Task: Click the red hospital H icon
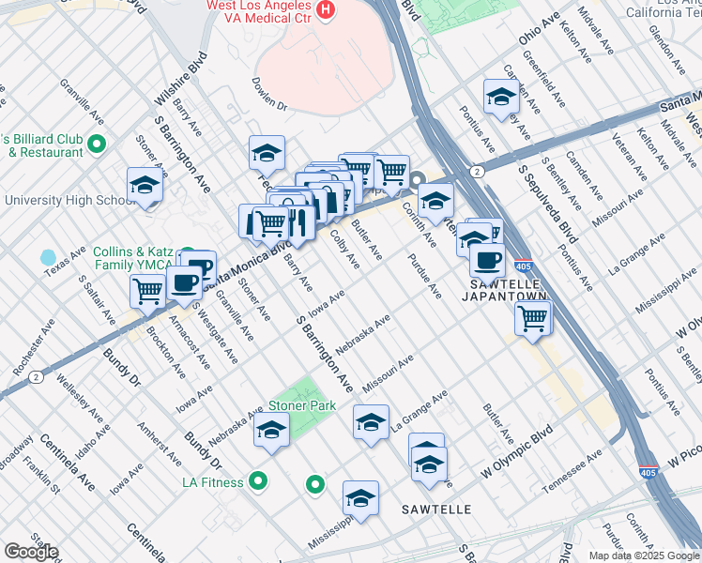325,9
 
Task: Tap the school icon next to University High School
145,186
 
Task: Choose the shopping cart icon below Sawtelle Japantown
532,318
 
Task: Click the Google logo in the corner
31,552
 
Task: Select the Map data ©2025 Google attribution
643,555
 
